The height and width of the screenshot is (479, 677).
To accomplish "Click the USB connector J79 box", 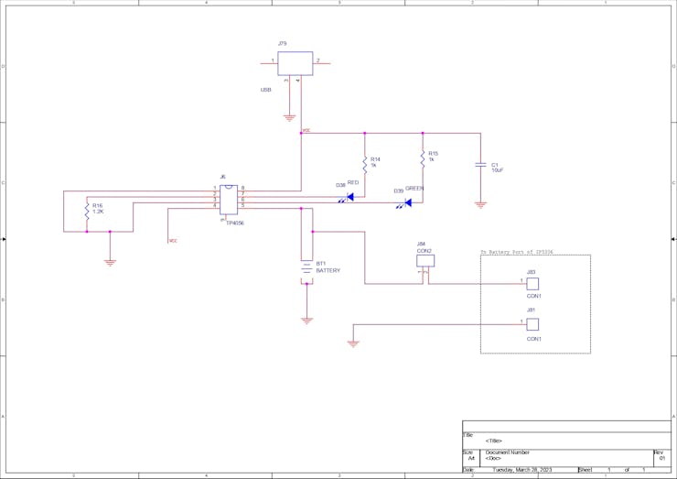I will pos(295,63).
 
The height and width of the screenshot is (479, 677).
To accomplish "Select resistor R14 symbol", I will pos(364,164).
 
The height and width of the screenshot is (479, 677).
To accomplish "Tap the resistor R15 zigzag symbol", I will pos(423,159).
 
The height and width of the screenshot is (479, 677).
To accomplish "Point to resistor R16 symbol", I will pos(86,211).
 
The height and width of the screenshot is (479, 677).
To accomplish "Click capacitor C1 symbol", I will pos(480,166).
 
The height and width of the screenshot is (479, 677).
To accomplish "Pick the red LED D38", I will pos(349,196).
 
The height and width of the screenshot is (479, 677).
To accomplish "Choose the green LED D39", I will pos(408,202).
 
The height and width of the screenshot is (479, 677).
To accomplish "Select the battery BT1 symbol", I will pos(306,267).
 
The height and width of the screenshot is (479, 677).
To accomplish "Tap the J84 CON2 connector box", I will pos(424,261).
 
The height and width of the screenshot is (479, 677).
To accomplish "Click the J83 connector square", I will pos(532,284).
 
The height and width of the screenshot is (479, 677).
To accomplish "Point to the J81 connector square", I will pos(532,324).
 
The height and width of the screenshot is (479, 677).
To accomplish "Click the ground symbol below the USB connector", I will pos(289,117).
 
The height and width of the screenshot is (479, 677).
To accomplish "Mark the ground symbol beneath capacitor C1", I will pos(480,204).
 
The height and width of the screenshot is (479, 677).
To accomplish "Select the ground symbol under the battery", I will pos(306,321).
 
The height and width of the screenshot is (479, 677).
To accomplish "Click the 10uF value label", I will pos(498,170).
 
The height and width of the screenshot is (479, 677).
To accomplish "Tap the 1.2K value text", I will pos(99,212).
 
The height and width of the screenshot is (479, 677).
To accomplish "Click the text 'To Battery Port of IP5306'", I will pos(518,251).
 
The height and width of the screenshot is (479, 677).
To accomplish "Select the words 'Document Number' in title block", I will pos(507,452).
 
